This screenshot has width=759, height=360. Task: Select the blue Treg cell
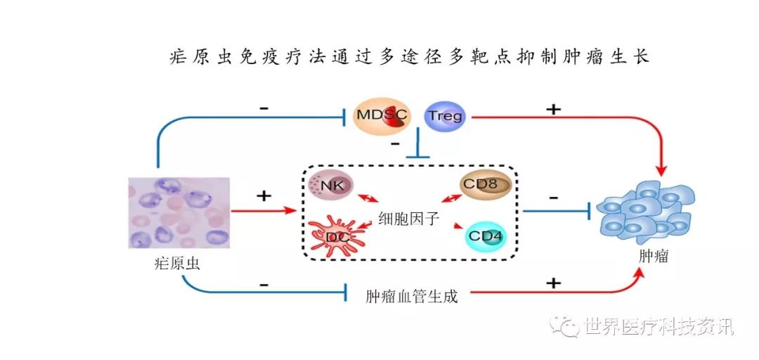pos(446,115)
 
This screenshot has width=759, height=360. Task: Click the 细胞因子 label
pos(408,218)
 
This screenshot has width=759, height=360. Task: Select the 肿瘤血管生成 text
pos(412,296)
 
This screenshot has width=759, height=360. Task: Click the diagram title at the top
pos(410,56)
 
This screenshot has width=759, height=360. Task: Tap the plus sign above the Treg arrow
pos(554,109)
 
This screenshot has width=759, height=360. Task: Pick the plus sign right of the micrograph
pos(264,195)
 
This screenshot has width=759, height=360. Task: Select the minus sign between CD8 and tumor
pos(553,198)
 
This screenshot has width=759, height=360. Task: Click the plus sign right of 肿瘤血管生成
pos(554,283)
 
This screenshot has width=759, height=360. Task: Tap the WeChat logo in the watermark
pos(566,325)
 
